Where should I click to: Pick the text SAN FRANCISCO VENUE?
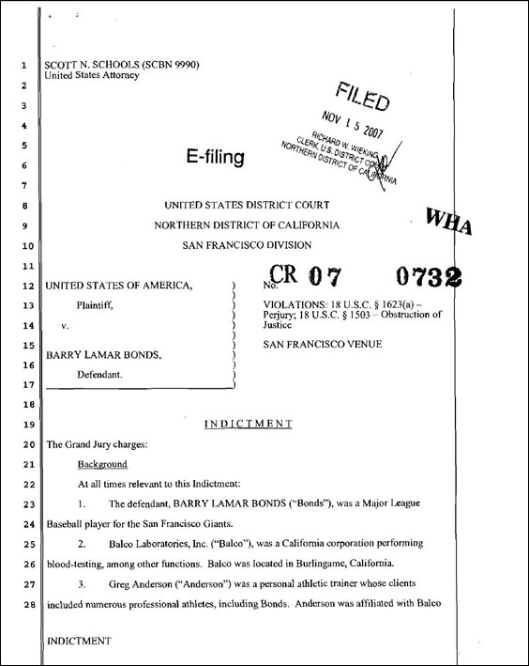pos(322,345)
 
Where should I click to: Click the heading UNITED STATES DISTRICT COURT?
pos(247,205)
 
